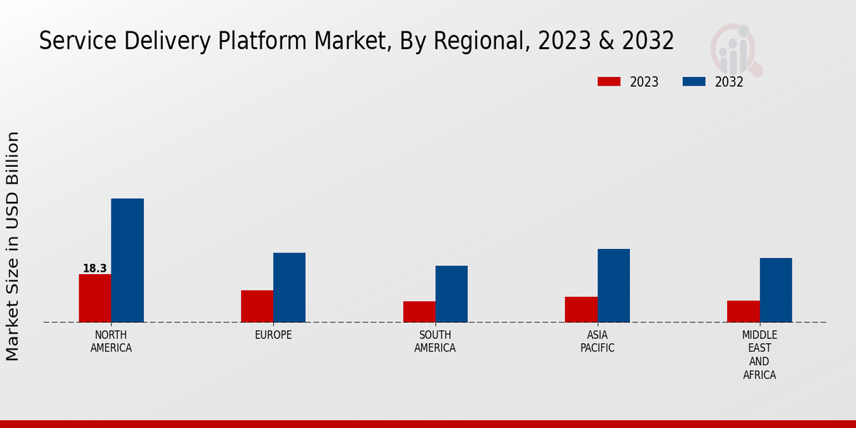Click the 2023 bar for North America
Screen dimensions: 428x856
pyautogui.click(x=95, y=298)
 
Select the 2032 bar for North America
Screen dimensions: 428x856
pyautogui.click(x=127, y=260)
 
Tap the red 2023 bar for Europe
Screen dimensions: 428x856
pyautogui.click(x=257, y=306)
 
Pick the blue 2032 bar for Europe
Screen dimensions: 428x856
pyautogui.click(x=289, y=287)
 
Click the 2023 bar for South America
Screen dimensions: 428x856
pyautogui.click(x=419, y=312)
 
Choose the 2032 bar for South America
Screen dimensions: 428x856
pyautogui.click(x=452, y=294)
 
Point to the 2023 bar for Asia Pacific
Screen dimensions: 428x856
pyautogui.click(x=581, y=310)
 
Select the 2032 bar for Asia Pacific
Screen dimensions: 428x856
pyautogui.click(x=613, y=285)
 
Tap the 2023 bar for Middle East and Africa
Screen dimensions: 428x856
pyautogui.click(x=743, y=311)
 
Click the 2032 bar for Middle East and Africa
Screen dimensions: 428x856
pyautogui.click(x=775, y=290)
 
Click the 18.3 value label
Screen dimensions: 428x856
pyautogui.click(x=95, y=268)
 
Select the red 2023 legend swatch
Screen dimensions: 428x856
pyautogui.click(x=608, y=81)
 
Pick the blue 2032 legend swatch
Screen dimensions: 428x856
pyautogui.click(x=693, y=81)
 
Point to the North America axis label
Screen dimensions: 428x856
pyautogui.click(x=111, y=342)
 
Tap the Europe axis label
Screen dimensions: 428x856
pyautogui.click(x=273, y=335)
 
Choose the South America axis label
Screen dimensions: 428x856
pyautogui.click(x=435, y=342)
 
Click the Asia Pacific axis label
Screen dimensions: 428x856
pyautogui.click(x=597, y=342)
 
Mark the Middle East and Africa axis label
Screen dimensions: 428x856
pyautogui.click(x=760, y=355)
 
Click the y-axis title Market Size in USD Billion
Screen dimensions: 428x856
pyautogui.click(x=13, y=246)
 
